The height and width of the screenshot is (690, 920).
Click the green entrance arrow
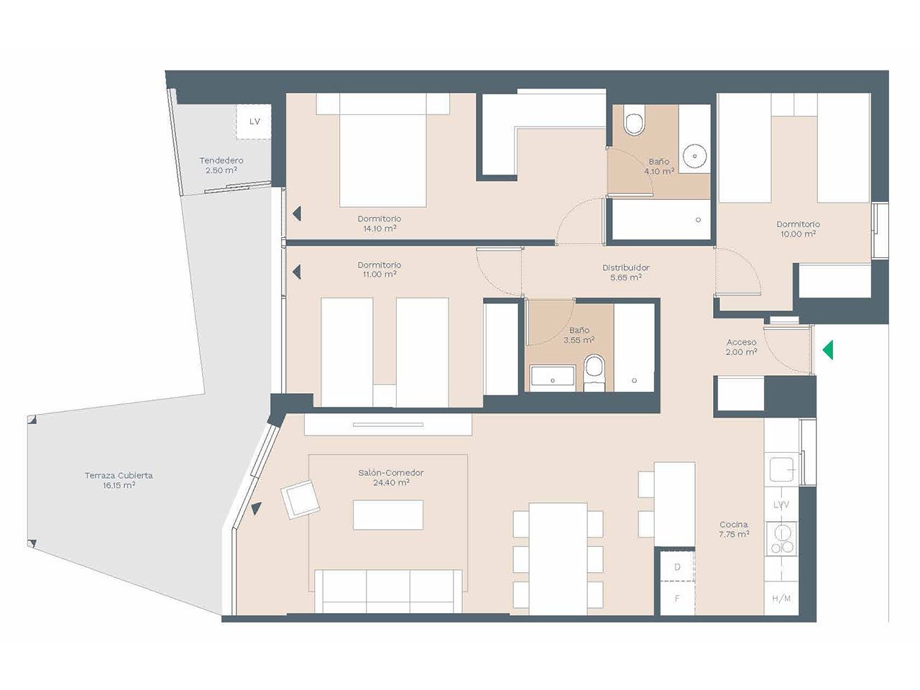(x=827, y=350)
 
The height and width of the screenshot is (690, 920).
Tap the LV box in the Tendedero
(x=253, y=121)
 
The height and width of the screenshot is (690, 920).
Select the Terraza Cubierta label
(x=119, y=480)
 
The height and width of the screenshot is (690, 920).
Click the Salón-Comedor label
(x=390, y=477)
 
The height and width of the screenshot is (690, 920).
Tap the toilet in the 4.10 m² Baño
(x=633, y=120)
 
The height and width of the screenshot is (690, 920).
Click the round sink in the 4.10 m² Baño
(x=694, y=156)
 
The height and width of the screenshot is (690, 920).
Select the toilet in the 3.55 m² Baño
(x=594, y=372)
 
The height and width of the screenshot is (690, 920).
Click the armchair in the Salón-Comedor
(x=300, y=499)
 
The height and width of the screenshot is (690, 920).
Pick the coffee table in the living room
(x=387, y=515)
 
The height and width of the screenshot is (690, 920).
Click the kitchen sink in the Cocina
(x=781, y=469)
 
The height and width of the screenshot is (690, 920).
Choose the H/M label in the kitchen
(x=781, y=599)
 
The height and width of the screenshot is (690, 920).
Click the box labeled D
(x=677, y=566)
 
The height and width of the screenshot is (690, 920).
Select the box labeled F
(x=677, y=598)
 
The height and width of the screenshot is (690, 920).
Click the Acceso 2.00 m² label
(x=742, y=347)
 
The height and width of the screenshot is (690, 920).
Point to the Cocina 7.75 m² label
(x=735, y=529)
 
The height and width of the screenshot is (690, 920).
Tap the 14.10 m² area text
(x=379, y=229)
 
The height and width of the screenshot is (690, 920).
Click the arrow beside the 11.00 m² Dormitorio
(x=297, y=272)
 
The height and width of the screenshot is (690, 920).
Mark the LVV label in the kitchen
(x=781, y=505)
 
